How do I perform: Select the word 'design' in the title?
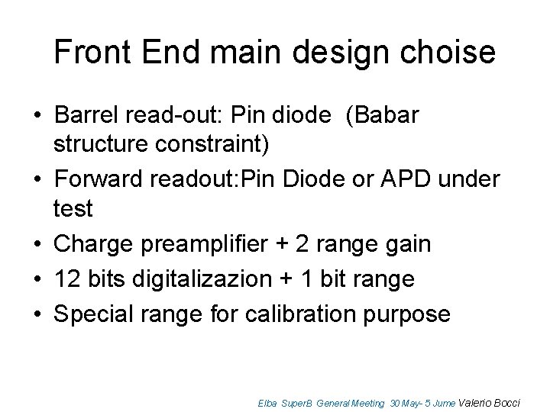point(325,53)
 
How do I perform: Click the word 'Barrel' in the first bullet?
point(86,116)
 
